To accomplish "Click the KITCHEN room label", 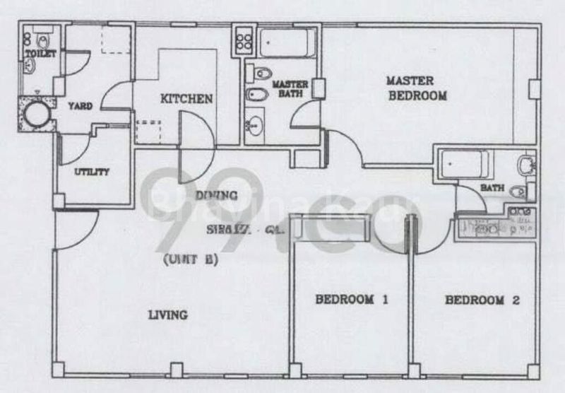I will [x=186, y=99].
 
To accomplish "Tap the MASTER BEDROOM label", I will [x=419, y=88].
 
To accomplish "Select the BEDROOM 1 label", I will [x=352, y=300].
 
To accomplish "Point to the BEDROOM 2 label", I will [x=483, y=300].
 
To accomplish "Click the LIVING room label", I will [x=167, y=315].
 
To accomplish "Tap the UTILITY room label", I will [x=92, y=172].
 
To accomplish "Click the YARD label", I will [x=80, y=106].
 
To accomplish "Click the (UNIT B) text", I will [x=190, y=259].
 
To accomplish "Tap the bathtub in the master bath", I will [x=286, y=43].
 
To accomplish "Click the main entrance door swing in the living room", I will [x=76, y=230].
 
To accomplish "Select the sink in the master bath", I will [x=254, y=126].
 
